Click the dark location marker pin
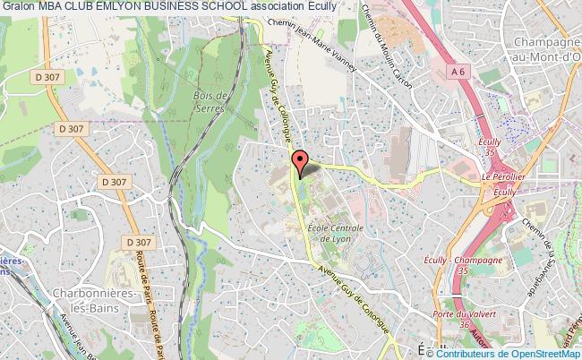pyautogui.click(x=302, y=163)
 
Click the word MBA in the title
pyautogui.click(x=54, y=8)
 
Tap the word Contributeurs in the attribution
pyautogui.click(x=466, y=353)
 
